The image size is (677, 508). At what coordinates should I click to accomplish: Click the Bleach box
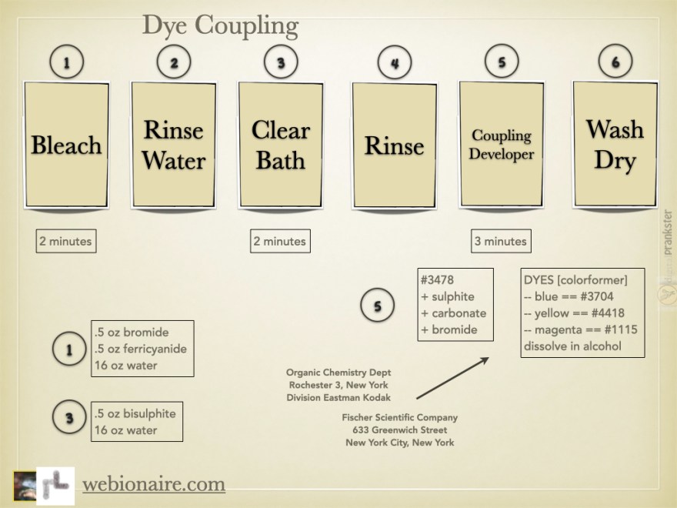click(x=66, y=145)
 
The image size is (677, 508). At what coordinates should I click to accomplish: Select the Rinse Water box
click(x=174, y=145)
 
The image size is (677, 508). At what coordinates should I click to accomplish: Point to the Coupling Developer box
click(x=502, y=145)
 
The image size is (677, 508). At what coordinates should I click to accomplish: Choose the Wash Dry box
click(x=614, y=145)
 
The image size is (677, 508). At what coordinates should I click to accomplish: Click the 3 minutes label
click(x=501, y=241)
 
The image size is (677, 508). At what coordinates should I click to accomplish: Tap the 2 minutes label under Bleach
click(x=65, y=241)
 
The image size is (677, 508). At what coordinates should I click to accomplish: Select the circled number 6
click(x=615, y=63)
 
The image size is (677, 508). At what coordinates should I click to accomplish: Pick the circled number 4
click(x=394, y=64)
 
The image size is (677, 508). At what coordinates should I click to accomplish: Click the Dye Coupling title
click(x=220, y=25)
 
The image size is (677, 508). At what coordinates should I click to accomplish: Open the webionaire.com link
click(x=153, y=484)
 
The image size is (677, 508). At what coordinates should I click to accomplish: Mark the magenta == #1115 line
click(x=579, y=329)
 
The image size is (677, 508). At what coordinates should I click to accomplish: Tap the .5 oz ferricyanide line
click(x=140, y=349)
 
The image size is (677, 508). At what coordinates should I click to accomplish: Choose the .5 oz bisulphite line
click(x=135, y=413)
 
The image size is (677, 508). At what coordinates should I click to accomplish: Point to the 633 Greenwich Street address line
click(x=400, y=429)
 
